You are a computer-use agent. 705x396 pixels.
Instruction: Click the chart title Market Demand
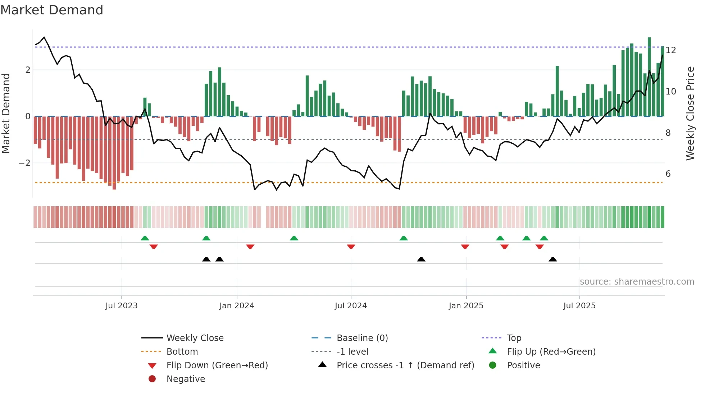click(x=52, y=10)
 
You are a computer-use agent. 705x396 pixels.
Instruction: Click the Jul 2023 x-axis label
click(x=121, y=306)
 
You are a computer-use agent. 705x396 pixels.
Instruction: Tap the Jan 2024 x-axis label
click(x=237, y=306)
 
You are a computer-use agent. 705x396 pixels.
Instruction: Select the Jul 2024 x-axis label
click(x=351, y=306)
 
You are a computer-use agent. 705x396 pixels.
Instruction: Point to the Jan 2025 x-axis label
click(x=466, y=306)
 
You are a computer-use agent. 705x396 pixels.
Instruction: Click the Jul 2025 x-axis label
click(x=579, y=306)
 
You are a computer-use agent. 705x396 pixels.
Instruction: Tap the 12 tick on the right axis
click(x=670, y=50)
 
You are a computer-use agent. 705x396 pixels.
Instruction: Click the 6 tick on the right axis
click(x=668, y=174)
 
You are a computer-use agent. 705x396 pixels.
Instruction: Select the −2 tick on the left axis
click(x=24, y=163)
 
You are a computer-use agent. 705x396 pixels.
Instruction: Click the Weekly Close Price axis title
click(x=690, y=113)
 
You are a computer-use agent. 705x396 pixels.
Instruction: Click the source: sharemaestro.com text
click(x=637, y=282)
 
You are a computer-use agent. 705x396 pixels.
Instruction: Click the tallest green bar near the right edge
click(x=649, y=75)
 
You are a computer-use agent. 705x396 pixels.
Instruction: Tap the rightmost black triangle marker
click(x=553, y=259)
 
